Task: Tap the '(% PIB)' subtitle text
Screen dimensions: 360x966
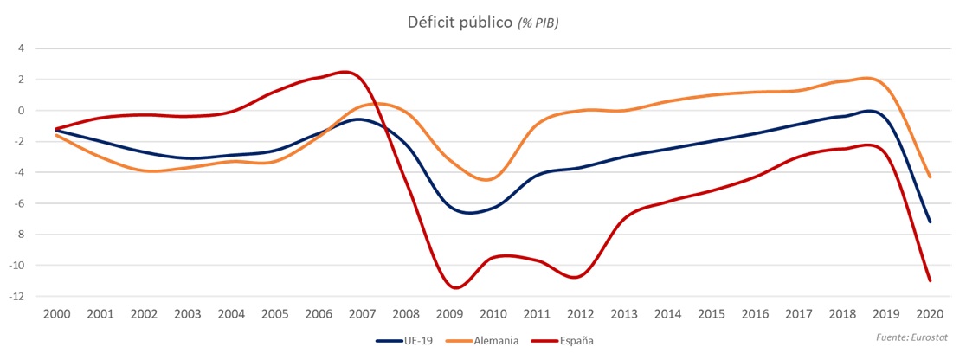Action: click(x=538, y=23)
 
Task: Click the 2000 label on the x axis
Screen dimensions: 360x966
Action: click(x=58, y=312)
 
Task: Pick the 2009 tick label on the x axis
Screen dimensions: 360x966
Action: click(x=448, y=312)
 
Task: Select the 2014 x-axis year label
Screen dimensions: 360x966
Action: click(x=667, y=312)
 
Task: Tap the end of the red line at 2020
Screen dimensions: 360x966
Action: click(x=930, y=280)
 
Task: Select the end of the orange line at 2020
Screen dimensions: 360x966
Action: click(x=930, y=177)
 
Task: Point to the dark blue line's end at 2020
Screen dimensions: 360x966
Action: click(x=930, y=222)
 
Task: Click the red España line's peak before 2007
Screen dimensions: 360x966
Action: click(x=345, y=72)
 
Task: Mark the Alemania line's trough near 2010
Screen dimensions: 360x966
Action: click(x=487, y=180)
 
